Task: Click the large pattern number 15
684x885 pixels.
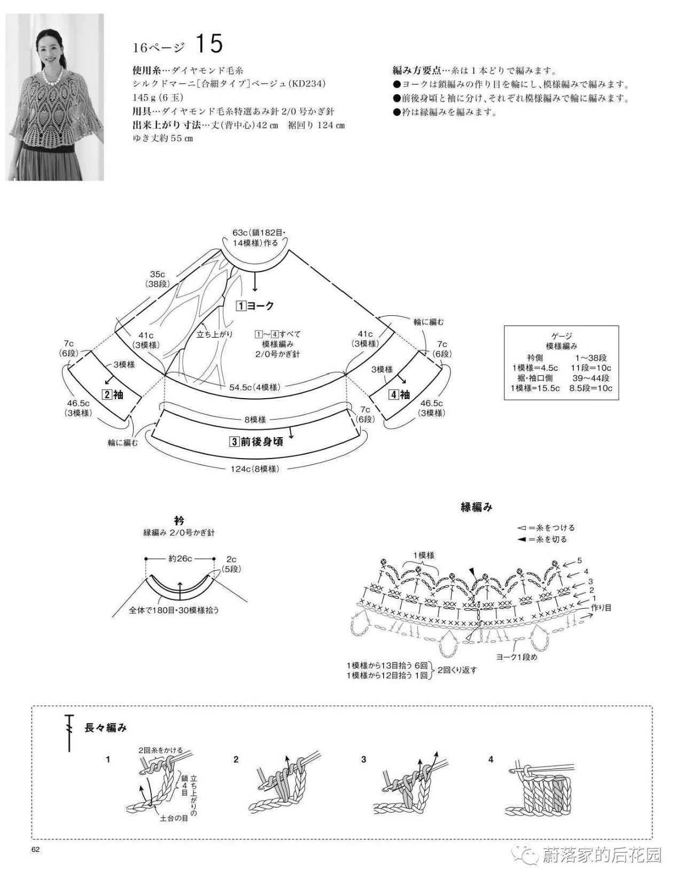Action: click(x=209, y=44)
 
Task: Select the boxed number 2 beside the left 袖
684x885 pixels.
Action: click(x=107, y=394)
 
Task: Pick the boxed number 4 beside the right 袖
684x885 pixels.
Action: click(x=393, y=394)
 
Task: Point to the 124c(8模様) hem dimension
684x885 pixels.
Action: click(x=255, y=469)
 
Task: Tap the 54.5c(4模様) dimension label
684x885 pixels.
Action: click(x=255, y=387)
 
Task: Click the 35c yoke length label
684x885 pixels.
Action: click(x=157, y=274)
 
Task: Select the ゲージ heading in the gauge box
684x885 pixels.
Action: click(x=562, y=336)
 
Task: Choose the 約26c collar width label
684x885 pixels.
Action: click(x=181, y=558)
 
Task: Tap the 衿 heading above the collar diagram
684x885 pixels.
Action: click(x=179, y=520)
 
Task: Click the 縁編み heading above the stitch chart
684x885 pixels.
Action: click(x=477, y=507)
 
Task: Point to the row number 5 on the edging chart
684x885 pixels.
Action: click(x=580, y=561)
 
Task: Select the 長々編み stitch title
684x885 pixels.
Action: click(x=106, y=728)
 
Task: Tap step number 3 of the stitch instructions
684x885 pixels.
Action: click(x=363, y=759)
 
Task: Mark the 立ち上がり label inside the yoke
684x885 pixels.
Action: click(x=215, y=335)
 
